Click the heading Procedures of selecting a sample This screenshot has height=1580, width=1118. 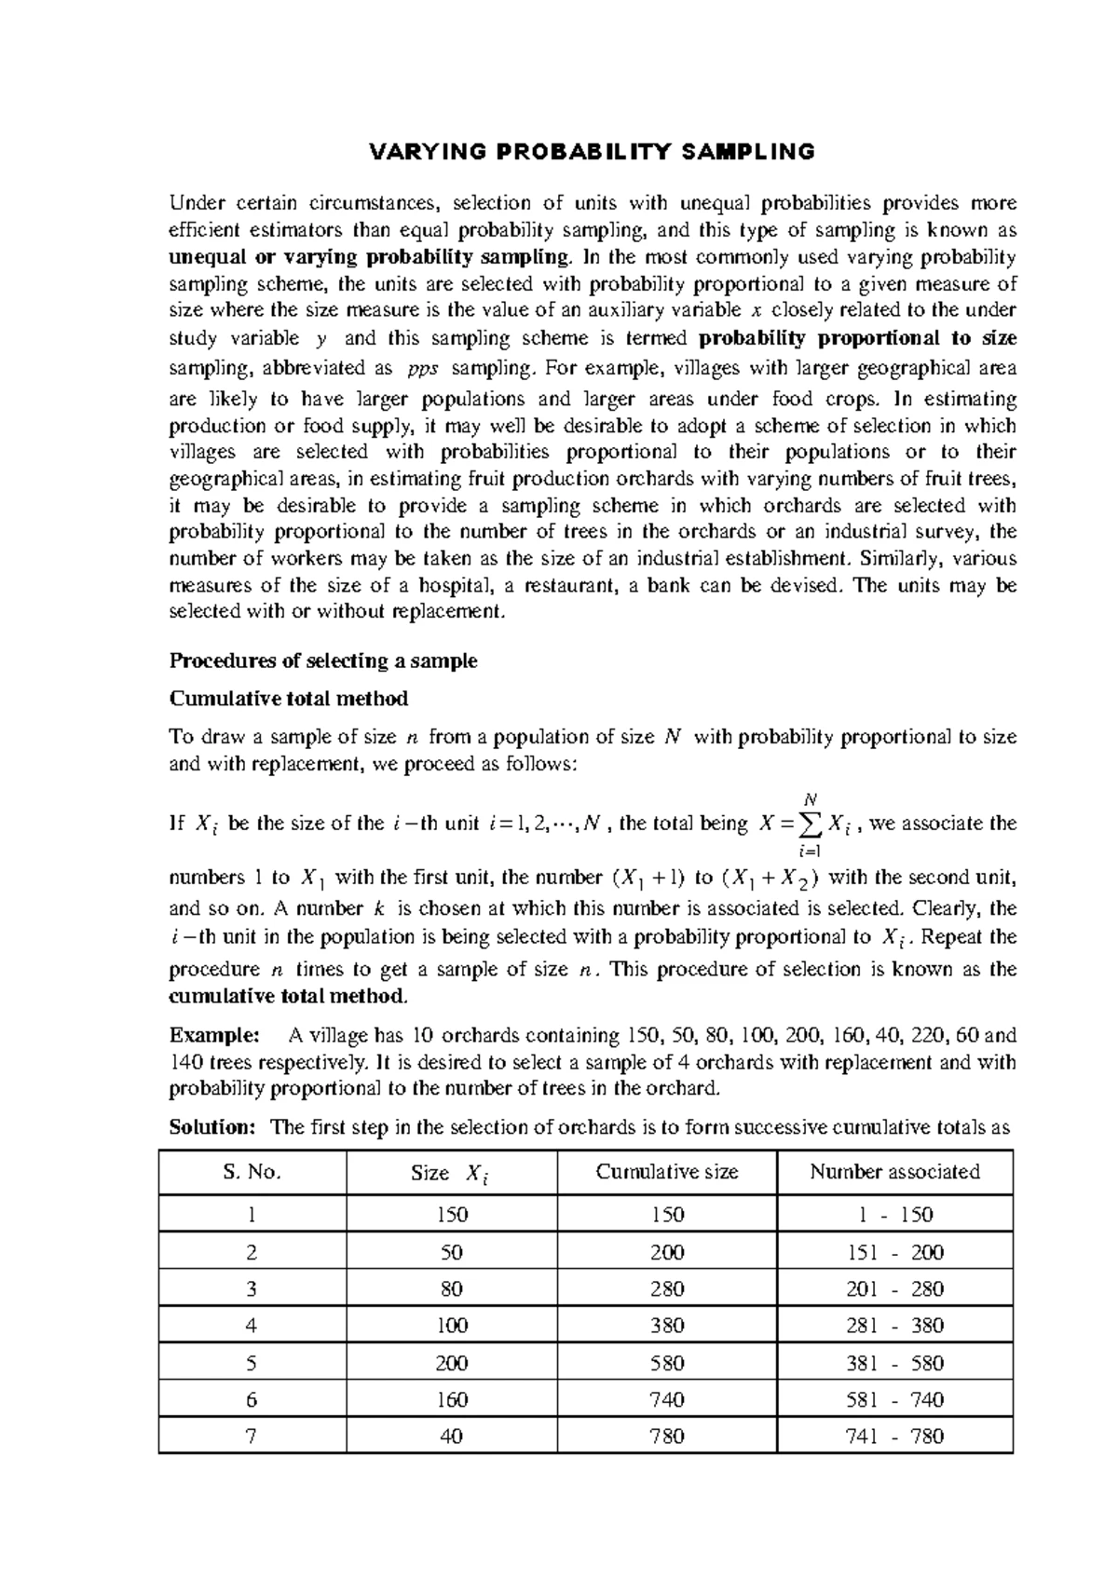322,661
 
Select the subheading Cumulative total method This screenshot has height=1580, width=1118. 288,699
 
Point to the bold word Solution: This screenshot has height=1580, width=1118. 211,1127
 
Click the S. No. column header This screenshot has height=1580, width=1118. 252,1172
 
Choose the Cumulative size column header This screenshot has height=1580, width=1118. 667,1172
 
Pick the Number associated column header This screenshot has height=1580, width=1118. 894,1172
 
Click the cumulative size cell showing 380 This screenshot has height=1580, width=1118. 667,1326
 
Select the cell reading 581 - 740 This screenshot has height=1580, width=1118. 894,1399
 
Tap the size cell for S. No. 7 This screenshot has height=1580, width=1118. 451,1437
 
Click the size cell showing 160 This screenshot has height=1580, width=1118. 451,1399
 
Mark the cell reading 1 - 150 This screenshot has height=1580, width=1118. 894,1215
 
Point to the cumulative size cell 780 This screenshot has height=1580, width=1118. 667,1437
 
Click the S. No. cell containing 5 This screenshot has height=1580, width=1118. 252,1363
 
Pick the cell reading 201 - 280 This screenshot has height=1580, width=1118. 894,1289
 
